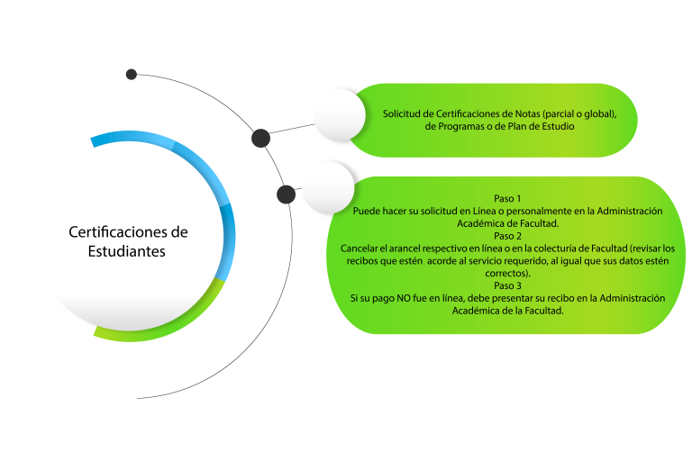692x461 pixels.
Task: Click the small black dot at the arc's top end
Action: pos(131,74)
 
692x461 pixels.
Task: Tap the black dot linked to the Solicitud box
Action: pos(260,138)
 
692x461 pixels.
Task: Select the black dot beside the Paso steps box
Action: pos(286,194)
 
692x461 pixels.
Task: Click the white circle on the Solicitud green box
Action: pos(340,114)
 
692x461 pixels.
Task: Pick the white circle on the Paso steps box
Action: pos(328,187)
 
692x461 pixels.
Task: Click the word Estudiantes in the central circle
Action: pos(127,251)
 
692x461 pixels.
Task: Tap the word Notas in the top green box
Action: pos(528,113)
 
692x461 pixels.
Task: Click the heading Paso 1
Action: pos(507,198)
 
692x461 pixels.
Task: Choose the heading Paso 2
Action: pos(507,236)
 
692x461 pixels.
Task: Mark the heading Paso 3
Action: pos(507,285)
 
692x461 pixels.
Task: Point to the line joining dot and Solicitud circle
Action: pos(292,129)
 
